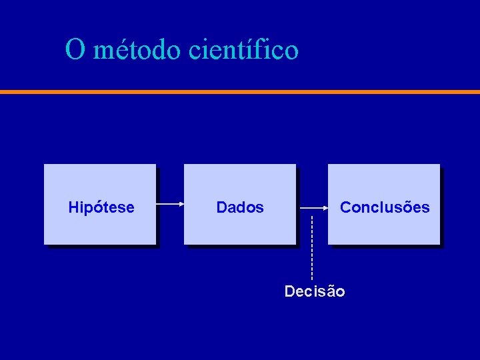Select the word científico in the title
[244, 50]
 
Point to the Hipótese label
[101, 208]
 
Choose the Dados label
[240, 208]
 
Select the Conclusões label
[385, 207]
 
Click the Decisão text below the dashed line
[315, 291]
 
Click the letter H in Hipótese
[73, 208]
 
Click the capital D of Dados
[221, 208]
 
